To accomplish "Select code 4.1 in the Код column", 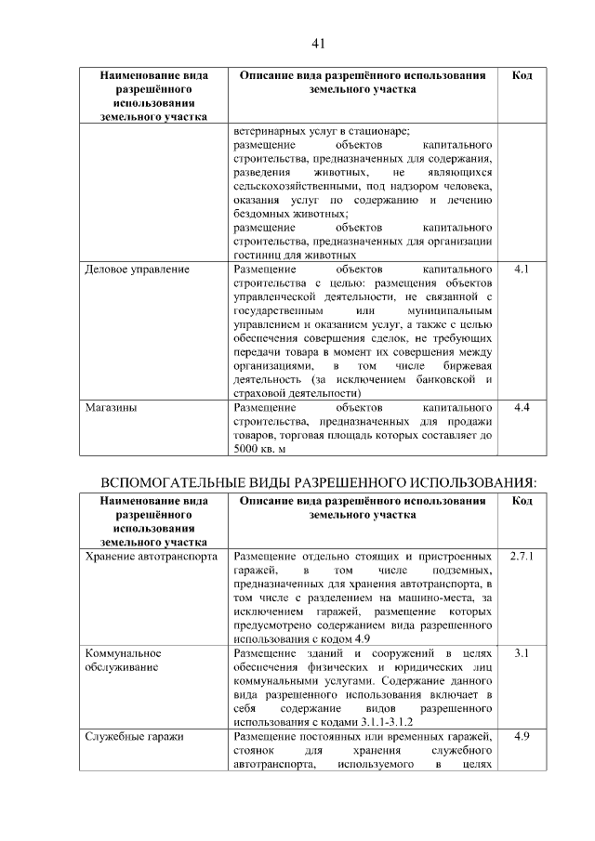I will click(x=522, y=269).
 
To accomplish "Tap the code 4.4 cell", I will click(x=522, y=408).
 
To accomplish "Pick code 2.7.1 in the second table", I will click(x=522, y=556).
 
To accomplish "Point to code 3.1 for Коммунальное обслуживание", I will click(x=522, y=653).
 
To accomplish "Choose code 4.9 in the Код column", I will click(x=522, y=737).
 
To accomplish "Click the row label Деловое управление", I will click(x=137, y=269).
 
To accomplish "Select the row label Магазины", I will click(x=111, y=408).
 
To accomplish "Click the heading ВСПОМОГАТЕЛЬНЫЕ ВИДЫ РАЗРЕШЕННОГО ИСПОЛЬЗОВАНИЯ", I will click(x=318, y=481).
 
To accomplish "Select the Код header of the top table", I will click(x=522, y=75).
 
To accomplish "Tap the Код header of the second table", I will click(x=522, y=501).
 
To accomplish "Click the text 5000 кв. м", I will click(x=260, y=449).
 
